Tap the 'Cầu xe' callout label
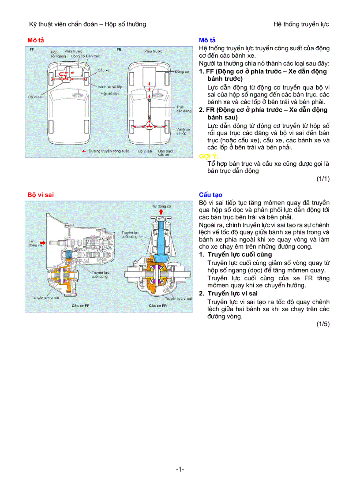coord(104,70)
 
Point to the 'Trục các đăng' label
coord(180,109)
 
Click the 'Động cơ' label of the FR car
coord(182,71)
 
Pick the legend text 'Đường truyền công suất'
coord(109,151)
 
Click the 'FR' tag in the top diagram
coord(119,50)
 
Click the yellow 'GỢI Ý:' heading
coord(209,156)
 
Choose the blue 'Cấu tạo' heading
coord(210,195)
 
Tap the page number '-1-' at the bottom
coord(180,469)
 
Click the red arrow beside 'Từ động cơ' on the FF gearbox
coord(42,242)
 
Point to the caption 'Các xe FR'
coord(157,305)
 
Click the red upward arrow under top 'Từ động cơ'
coord(161,212)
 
